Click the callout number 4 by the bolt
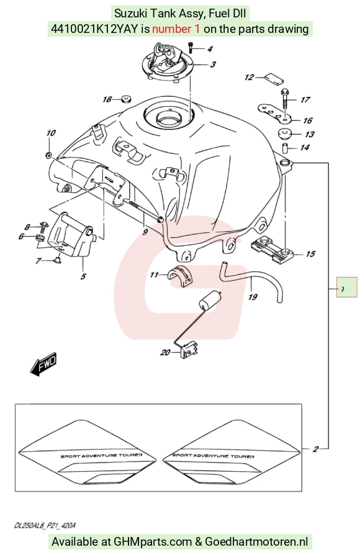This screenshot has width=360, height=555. click(210, 49)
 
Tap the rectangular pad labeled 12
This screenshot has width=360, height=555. click(274, 78)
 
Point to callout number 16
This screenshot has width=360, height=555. click(308, 120)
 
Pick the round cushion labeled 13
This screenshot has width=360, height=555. click(284, 134)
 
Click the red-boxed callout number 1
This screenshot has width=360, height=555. click(343, 289)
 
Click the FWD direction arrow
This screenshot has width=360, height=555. click(43, 364)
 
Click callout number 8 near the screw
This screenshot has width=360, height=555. click(27, 227)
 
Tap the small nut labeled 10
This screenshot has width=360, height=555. click(49, 155)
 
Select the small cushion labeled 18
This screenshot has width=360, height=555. click(125, 99)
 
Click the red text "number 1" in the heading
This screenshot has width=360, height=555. click(176, 29)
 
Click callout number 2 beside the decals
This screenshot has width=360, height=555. click(315, 449)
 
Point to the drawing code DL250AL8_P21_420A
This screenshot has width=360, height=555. click(45, 525)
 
